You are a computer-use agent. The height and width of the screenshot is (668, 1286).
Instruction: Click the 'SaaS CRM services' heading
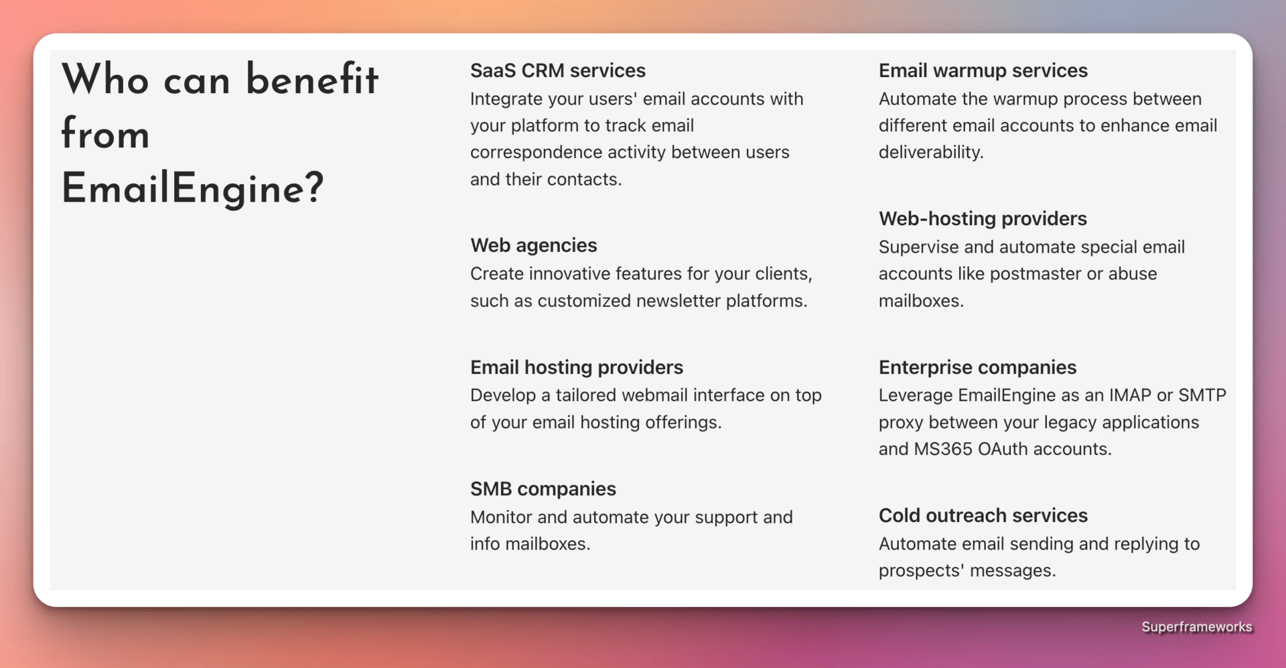point(557,70)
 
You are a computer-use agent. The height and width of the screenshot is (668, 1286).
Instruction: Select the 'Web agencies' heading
point(533,246)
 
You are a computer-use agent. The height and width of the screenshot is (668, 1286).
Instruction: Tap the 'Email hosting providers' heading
point(576,367)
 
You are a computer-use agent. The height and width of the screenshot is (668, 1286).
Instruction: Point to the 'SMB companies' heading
point(543,489)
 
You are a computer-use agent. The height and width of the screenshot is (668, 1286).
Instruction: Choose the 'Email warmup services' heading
point(983,70)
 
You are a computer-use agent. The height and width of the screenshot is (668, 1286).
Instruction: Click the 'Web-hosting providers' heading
point(983,219)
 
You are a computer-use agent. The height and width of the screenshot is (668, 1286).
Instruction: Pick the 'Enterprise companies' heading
point(977,367)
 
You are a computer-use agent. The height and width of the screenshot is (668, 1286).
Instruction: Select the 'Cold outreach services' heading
point(983,515)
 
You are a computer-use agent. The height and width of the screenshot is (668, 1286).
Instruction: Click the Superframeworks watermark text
point(1196,627)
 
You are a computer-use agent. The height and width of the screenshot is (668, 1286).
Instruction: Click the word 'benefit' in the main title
point(312,79)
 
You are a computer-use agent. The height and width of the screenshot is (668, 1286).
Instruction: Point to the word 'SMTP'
point(1202,395)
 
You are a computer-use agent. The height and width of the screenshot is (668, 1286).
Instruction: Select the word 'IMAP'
point(1130,395)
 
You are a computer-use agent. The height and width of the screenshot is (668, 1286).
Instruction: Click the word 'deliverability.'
point(931,153)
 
